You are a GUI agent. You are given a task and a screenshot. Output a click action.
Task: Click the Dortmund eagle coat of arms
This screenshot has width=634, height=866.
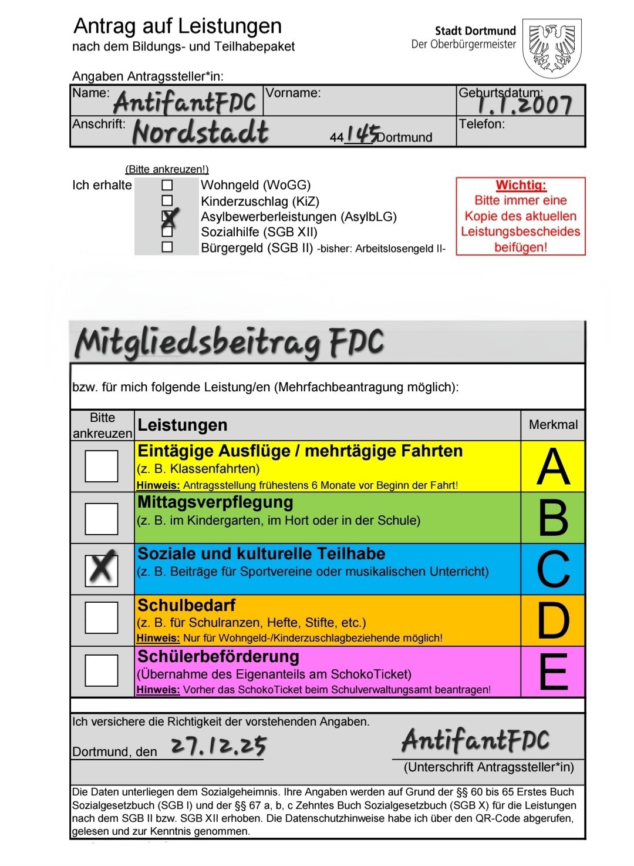coord(552,48)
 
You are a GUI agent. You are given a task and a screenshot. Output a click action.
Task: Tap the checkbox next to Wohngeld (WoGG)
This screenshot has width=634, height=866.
coord(167,185)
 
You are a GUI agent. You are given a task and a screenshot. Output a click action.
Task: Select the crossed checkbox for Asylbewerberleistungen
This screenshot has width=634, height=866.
coord(168,217)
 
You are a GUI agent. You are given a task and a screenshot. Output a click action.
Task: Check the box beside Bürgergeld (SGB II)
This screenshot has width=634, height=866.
coord(167,247)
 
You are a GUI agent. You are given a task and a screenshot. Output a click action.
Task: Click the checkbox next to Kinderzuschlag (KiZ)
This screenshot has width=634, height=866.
coord(167,201)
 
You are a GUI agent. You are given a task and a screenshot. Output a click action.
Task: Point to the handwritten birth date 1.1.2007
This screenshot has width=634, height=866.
coord(524,105)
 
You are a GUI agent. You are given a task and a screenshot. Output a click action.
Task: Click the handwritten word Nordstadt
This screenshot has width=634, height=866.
coord(201,132)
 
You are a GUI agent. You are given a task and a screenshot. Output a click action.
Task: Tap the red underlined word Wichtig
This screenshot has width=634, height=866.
coord(521,185)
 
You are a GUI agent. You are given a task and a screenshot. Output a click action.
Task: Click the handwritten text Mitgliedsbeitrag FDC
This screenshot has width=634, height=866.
coord(230,343)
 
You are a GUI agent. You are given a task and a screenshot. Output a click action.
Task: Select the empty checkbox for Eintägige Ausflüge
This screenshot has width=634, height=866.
coord(102,466)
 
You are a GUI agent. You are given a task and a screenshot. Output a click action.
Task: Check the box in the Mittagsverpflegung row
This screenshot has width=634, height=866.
coord(102,518)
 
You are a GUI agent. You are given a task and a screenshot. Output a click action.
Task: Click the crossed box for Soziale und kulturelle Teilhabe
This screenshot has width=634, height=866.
coord(102,569)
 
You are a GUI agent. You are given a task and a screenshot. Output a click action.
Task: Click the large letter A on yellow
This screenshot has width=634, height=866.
coord(553,466)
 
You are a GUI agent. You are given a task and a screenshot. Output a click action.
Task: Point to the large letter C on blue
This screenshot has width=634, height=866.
coord(553,569)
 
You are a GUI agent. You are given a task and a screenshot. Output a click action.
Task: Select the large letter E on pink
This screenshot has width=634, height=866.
coord(553,671)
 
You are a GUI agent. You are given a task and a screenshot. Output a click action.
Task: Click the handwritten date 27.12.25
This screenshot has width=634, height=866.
coord(218,746)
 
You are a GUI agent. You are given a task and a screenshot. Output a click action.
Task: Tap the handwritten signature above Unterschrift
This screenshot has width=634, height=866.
coord(475,740)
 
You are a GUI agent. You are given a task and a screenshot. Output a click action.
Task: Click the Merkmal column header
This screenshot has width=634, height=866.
coord(553,425)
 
